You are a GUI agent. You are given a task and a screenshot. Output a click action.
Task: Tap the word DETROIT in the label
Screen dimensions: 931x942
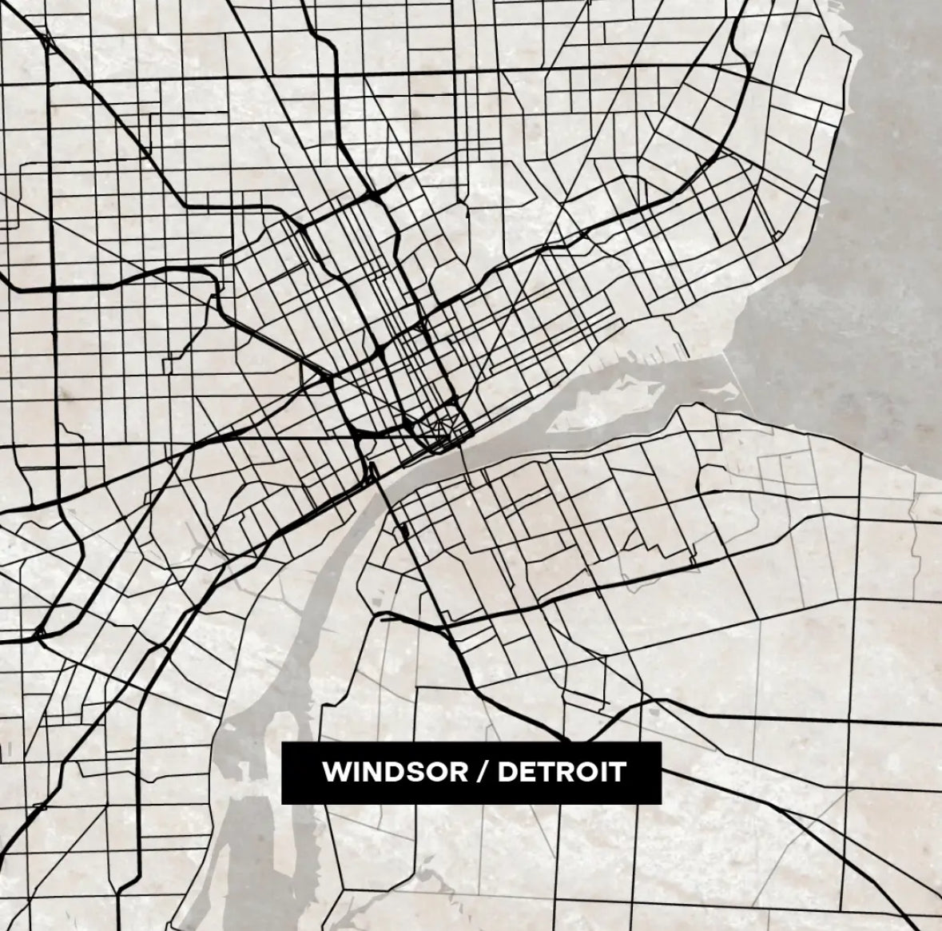(x=562, y=773)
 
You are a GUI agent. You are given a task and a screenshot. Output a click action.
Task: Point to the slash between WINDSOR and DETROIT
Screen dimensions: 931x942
(x=482, y=773)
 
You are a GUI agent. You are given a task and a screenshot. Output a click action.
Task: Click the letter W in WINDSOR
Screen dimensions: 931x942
(x=332, y=773)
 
